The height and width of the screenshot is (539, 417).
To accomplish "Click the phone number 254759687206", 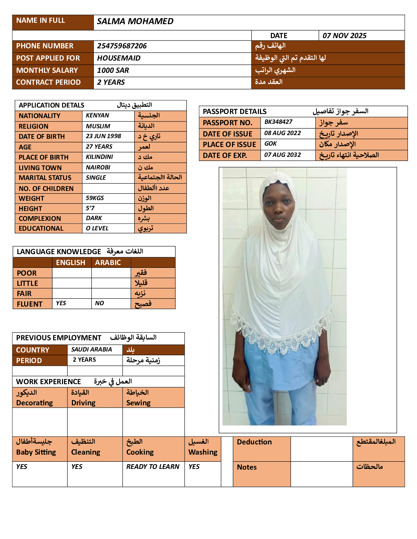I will [122, 46].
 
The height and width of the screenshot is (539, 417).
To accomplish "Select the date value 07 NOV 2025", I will [344, 36].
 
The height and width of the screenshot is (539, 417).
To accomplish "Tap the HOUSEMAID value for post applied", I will [119, 58].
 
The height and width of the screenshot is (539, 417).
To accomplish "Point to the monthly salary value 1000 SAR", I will [113, 70].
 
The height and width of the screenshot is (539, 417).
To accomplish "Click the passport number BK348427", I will [278, 122].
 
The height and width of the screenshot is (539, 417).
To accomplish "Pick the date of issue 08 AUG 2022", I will [282, 133].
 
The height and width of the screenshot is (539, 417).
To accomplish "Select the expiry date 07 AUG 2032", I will [282, 155].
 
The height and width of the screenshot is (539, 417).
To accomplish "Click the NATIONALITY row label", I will [40, 116].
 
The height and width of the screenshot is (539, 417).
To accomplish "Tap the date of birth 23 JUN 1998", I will [103, 136].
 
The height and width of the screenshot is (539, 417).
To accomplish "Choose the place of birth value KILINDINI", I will [99, 157].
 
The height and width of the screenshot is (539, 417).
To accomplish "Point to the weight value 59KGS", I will [95, 198].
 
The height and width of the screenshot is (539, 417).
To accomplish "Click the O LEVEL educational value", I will [97, 228].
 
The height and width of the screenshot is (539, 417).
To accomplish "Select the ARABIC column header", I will [108, 263].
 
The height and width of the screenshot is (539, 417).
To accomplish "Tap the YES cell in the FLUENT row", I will [61, 303].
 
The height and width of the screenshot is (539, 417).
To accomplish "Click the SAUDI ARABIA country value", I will [91, 349].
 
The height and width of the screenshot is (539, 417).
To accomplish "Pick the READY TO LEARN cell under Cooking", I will [153, 467].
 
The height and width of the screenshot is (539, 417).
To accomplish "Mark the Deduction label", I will [254, 442].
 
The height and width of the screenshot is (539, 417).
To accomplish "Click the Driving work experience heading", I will [83, 403].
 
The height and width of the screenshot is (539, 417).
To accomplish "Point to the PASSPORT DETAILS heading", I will [234, 112].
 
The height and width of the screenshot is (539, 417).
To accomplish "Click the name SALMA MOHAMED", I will [135, 21].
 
